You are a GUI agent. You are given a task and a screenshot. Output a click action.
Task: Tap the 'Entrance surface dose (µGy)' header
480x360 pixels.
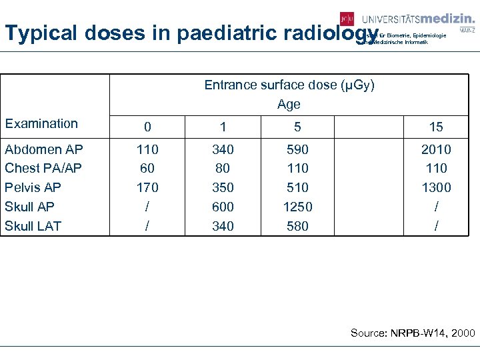(x=289, y=85)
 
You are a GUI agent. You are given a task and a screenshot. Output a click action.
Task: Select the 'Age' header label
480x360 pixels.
(x=289, y=105)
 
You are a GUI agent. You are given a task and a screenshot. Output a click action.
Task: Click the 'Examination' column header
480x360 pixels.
(x=41, y=123)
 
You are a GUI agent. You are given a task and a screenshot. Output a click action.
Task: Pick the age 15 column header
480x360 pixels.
(x=436, y=127)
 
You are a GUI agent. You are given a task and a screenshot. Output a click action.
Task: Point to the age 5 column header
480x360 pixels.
(x=297, y=127)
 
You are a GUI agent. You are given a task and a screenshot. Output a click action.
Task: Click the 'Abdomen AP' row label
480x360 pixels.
(x=43, y=149)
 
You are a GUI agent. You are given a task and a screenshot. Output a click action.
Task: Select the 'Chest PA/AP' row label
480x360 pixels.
(x=43, y=168)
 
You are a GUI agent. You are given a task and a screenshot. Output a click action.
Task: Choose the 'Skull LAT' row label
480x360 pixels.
(x=33, y=226)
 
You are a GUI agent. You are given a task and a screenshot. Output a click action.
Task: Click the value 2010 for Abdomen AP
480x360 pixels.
(x=436, y=149)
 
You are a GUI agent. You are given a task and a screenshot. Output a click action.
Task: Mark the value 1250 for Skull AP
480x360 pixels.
(x=297, y=207)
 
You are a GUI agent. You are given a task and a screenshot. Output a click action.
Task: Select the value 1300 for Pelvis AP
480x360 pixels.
(x=436, y=187)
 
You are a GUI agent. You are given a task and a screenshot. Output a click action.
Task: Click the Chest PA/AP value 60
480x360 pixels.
(x=147, y=168)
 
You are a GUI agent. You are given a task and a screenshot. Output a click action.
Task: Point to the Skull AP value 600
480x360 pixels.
(x=223, y=207)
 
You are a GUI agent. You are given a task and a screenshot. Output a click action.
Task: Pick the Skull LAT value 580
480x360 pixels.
(x=297, y=226)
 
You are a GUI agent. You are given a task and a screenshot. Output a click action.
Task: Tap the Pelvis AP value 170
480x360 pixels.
(x=147, y=187)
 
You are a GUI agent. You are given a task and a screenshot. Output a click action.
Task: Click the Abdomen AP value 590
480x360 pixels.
(x=297, y=149)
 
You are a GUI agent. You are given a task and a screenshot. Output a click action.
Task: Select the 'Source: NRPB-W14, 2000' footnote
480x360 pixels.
(x=413, y=333)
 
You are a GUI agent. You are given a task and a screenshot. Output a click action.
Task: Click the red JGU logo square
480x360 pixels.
(x=347, y=19)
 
